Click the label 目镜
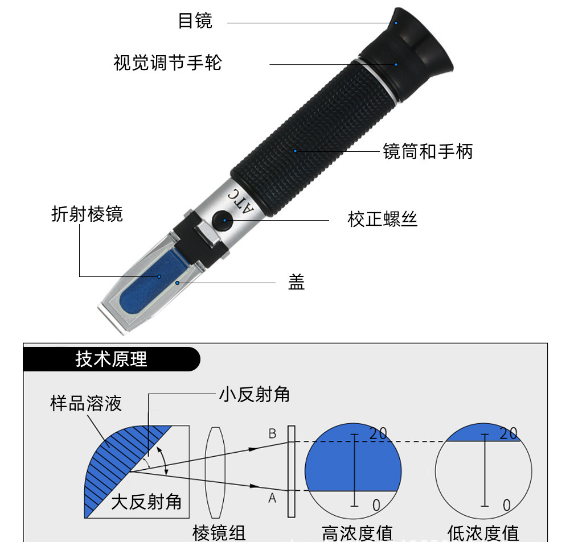click(195, 21)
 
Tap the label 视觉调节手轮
click(167, 62)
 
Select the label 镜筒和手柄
click(428, 151)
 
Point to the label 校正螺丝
click(382, 219)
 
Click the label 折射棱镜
click(87, 214)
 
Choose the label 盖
click(296, 282)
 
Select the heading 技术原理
click(112, 359)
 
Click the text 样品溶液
click(86, 404)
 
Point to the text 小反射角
click(254, 395)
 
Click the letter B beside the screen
click(272, 434)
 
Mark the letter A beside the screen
click(272, 498)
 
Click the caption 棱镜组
click(219, 533)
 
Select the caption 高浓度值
click(357, 533)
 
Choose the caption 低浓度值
click(483, 533)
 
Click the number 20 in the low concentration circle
click(509, 433)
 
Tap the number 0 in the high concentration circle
click(376, 504)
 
